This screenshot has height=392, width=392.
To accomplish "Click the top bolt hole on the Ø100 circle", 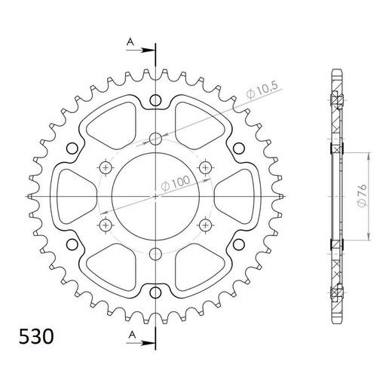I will click(x=155, y=138).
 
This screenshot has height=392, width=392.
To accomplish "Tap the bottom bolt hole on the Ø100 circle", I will click(x=155, y=253).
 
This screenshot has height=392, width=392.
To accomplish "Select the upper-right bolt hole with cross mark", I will click(x=205, y=167).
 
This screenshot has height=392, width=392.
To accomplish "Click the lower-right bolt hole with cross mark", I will click(x=205, y=224).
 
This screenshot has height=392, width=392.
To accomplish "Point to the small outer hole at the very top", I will click(x=155, y=100).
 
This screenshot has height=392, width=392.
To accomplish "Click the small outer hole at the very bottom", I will click(x=155, y=291).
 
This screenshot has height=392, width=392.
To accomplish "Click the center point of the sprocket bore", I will click(x=155, y=195).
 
